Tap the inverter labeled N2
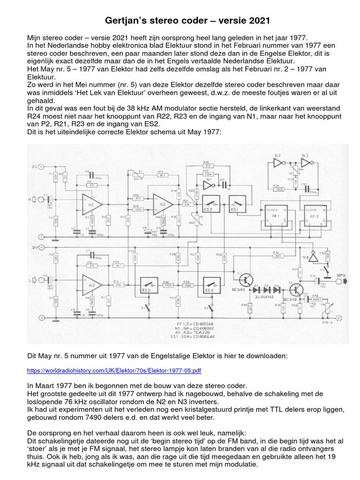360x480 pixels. coord(278,163)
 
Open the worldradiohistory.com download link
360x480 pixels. coord(114,370)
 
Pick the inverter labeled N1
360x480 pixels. coord(208,180)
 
